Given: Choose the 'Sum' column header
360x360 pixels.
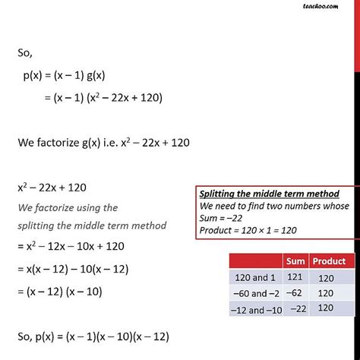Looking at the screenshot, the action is [x=295, y=261].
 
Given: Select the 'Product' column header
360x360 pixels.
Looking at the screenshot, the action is [x=328, y=261].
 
